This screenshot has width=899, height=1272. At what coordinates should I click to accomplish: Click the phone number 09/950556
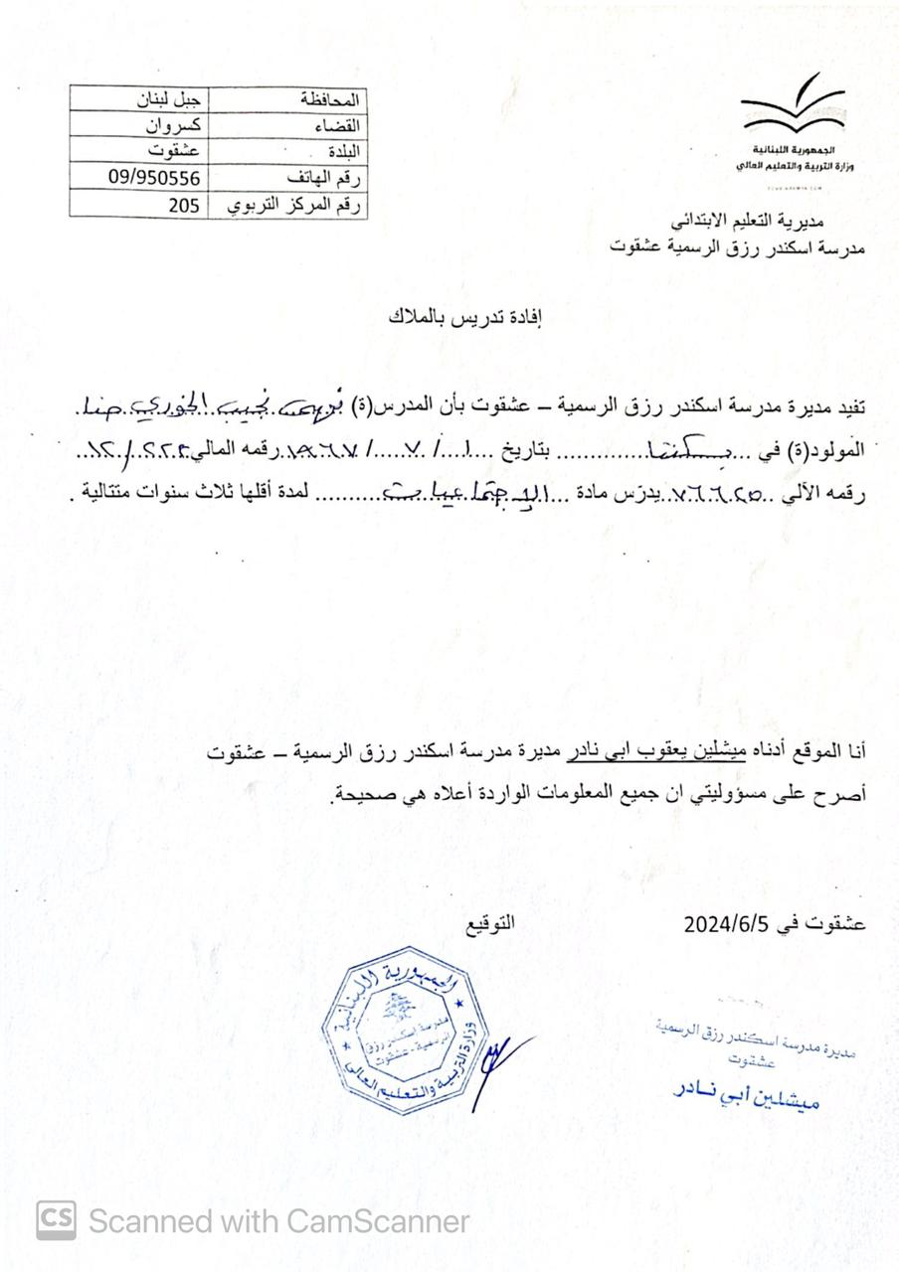point(154,177)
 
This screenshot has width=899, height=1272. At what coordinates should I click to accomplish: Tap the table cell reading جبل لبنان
point(167,100)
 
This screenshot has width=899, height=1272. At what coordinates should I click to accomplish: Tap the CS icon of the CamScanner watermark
point(57,1219)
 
